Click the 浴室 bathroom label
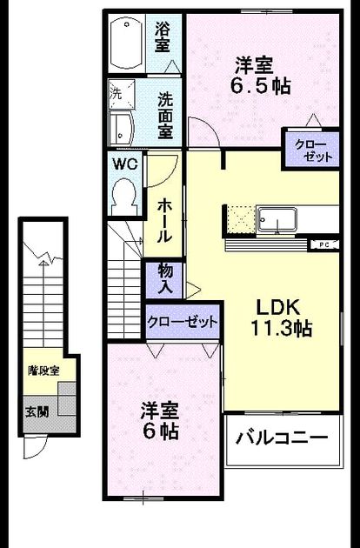(x=163, y=37)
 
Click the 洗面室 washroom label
(x=165, y=116)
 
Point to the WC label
(x=125, y=164)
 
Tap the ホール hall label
(x=164, y=221)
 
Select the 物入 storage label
(x=165, y=278)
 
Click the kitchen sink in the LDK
(x=277, y=219)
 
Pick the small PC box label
(x=324, y=245)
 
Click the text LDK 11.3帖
(x=281, y=318)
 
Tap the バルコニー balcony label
(x=282, y=438)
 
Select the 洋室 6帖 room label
(x=160, y=422)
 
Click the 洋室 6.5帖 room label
(x=260, y=76)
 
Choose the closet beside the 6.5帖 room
(x=312, y=150)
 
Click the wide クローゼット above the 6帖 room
(x=183, y=321)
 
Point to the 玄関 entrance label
(x=37, y=412)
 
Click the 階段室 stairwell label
(x=43, y=371)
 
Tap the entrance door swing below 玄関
(x=35, y=446)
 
